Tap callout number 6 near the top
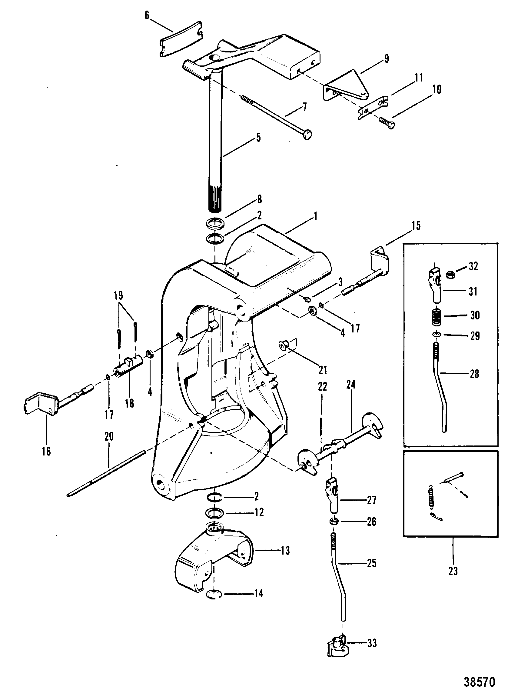tap(147, 15)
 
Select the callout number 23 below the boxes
tap(453, 571)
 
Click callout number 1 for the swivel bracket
tap(315, 216)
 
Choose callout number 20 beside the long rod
tap(109, 437)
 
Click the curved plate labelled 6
tap(181, 39)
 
